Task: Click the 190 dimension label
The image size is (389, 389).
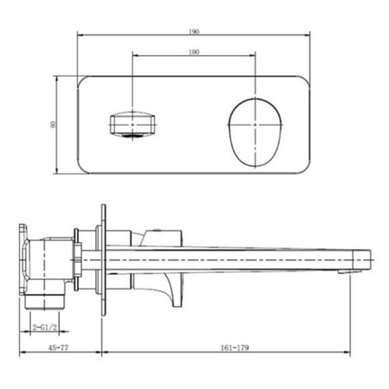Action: tap(194, 31)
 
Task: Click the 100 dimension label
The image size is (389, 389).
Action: tap(194, 52)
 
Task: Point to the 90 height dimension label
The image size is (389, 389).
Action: tap(53, 124)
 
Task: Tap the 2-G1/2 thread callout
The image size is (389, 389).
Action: tap(45, 328)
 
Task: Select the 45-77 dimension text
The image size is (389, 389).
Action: tap(59, 348)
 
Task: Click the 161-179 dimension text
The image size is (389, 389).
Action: tap(235, 348)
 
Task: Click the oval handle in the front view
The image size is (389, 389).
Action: tap(255, 133)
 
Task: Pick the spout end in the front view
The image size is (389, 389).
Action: tap(132, 124)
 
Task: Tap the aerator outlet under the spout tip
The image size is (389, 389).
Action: tap(349, 271)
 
